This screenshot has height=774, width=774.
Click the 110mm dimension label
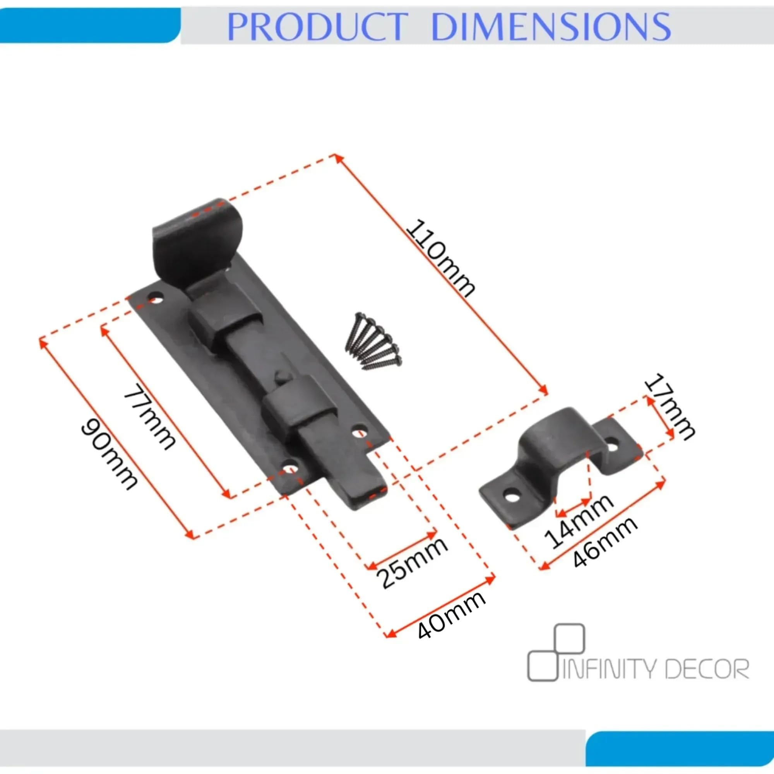tap(440, 259)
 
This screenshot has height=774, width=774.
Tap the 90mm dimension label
tap(110, 455)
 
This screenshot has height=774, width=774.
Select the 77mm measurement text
tap(149, 417)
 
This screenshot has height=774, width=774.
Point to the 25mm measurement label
tap(412, 562)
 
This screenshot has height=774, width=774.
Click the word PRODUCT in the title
tap(317, 26)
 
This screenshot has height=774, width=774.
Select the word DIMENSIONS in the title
tap(551, 26)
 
